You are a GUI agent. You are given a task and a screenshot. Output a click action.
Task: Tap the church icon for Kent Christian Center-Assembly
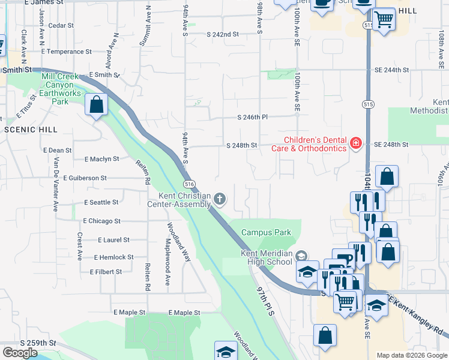coord(220,199)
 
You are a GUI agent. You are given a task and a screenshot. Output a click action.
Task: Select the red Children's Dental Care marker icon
coord(355,143)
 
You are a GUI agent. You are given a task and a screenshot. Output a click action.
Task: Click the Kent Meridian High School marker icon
coord(301,255)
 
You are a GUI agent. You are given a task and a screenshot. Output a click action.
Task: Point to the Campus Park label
coord(266,232)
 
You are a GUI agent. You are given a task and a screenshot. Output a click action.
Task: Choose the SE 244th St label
coord(390,70)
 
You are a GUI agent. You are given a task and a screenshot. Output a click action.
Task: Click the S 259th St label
coord(37,343)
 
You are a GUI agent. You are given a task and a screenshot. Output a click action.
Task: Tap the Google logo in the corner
coord(20,353)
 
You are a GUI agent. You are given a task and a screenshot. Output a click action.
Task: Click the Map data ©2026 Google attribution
coord(411,355)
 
